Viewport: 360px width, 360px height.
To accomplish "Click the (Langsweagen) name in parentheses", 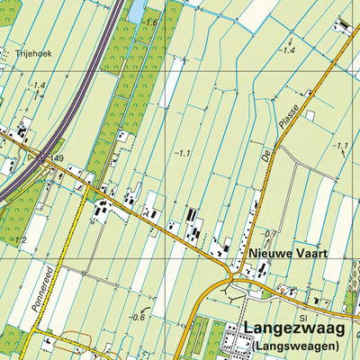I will point(295,346).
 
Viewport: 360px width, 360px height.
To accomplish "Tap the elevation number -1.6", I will point(148,22).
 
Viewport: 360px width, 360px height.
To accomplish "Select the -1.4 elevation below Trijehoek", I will point(36,85).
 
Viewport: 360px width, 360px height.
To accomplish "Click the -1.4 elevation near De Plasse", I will point(288,51).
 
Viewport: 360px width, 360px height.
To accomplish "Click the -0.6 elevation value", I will point(138,317).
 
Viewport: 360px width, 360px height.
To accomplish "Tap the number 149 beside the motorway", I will point(58,158).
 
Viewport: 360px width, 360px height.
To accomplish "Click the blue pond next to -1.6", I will point(136,12).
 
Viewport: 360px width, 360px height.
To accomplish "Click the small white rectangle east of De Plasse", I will point(309,115).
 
